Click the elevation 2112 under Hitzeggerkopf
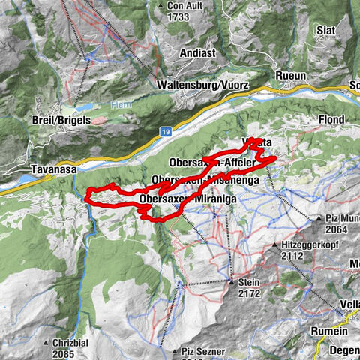[x=290, y=256]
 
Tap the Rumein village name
[x=330, y=331]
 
